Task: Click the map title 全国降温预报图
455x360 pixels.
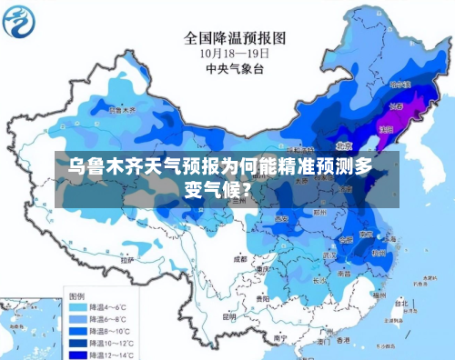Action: (235, 38)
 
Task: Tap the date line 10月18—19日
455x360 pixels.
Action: (235, 54)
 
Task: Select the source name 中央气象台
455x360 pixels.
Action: (235, 69)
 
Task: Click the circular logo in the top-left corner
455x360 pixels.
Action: (22, 21)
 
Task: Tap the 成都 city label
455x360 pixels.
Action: (239, 258)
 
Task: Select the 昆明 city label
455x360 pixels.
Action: (229, 316)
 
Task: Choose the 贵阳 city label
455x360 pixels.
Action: (263, 297)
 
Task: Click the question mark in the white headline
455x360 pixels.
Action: (248, 190)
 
